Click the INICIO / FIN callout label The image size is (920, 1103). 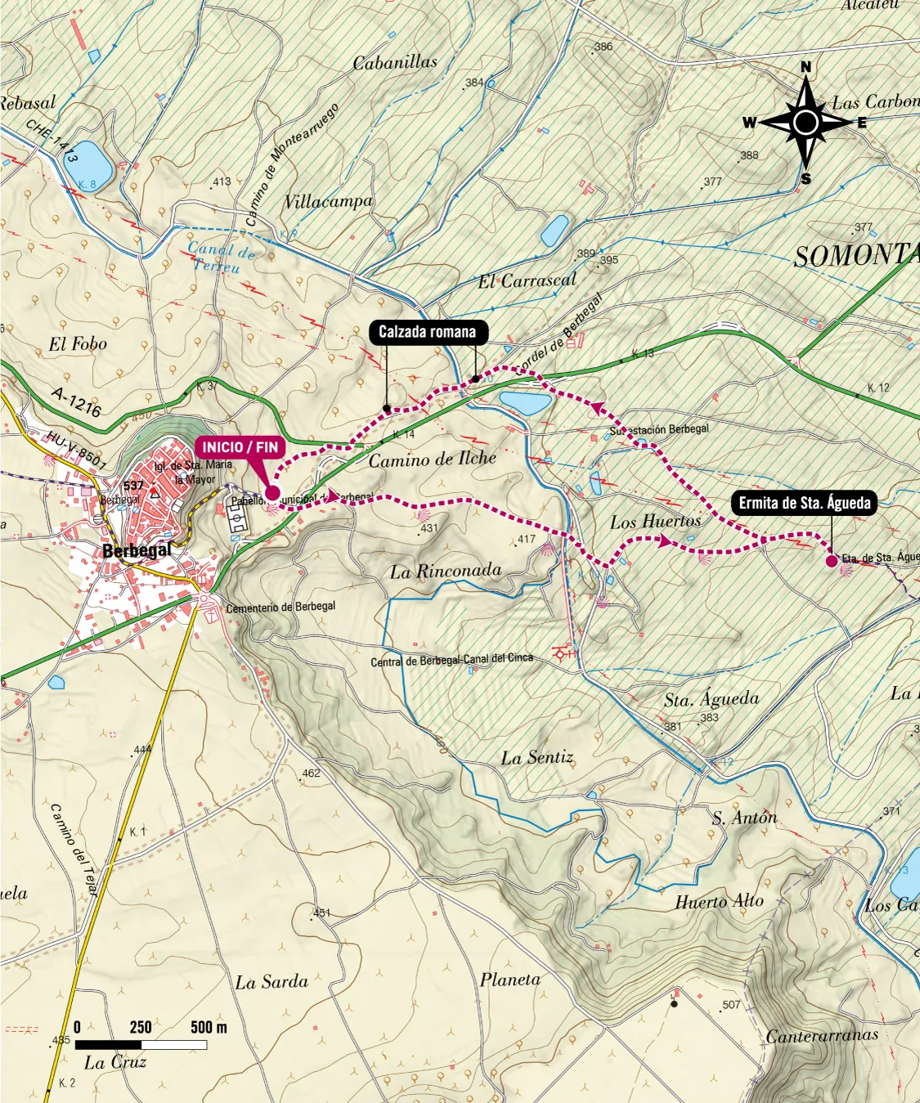click(x=240, y=447)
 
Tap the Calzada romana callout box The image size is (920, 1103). click(x=427, y=331)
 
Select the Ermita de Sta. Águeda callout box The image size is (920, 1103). click(x=804, y=503)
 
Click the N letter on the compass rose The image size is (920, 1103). click(x=806, y=67)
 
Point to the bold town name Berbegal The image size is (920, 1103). click(x=137, y=550)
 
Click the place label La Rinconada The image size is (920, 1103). click(x=445, y=571)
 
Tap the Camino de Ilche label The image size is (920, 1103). click(x=432, y=460)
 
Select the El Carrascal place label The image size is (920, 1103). click(x=527, y=280)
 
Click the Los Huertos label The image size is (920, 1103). click(x=655, y=521)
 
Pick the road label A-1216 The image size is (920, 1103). click(x=76, y=401)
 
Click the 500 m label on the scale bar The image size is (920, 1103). click(x=209, y=1027)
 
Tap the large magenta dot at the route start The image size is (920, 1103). click(x=272, y=492)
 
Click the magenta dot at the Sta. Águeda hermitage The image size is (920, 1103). click(x=832, y=561)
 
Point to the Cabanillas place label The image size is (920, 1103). click(x=395, y=62)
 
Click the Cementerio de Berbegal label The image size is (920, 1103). click(x=280, y=608)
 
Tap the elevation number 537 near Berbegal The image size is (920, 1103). click(x=133, y=485)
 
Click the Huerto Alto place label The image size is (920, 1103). click(x=719, y=901)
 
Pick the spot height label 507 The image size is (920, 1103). click(x=731, y=1005)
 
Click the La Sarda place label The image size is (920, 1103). click(x=272, y=982)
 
